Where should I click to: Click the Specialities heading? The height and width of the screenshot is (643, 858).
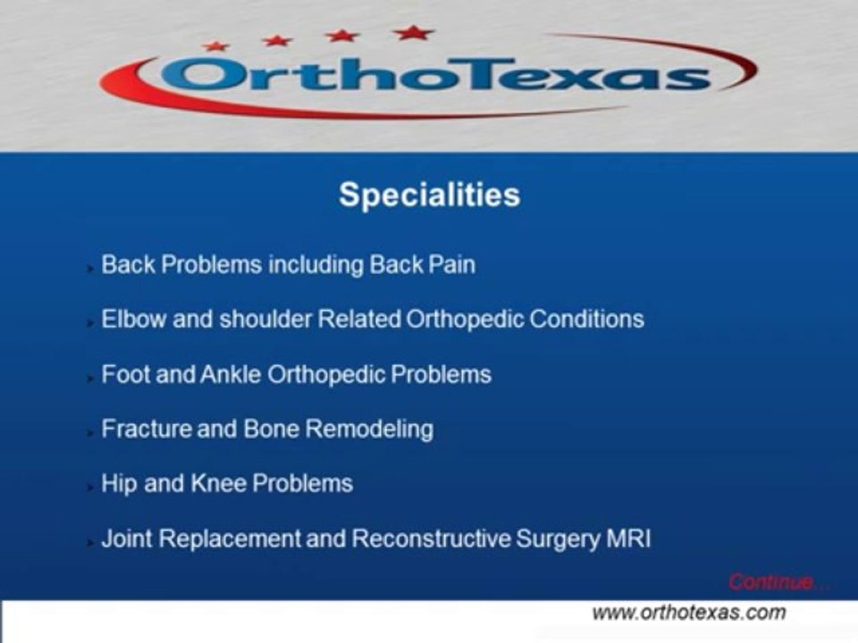click(x=429, y=196)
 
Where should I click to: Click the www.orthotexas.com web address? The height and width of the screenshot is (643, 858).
click(x=689, y=612)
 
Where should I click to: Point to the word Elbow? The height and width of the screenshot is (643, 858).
click(x=133, y=319)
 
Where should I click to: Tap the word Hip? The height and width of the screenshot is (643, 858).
click(x=119, y=484)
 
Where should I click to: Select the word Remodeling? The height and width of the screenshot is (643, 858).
click(x=369, y=430)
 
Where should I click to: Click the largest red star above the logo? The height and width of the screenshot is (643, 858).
click(x=414, y=33)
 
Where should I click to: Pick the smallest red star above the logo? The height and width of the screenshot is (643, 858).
click(x=215, y=46)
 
